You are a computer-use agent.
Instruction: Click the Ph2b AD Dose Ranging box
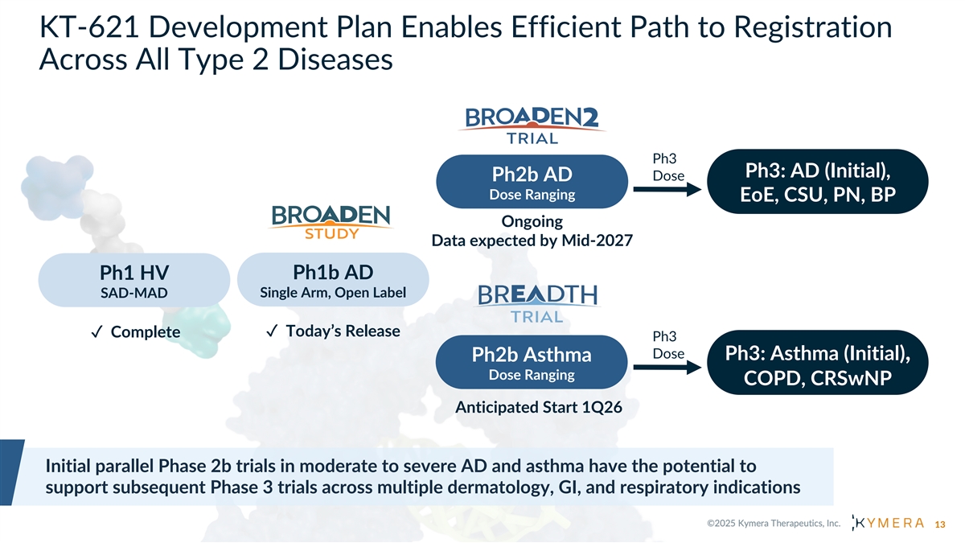coord(532,183)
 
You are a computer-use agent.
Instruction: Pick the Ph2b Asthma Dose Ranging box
coord(532,364)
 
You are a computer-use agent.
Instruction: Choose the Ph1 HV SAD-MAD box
coord(133,280)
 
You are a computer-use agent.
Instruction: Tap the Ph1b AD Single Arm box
coord(333,278)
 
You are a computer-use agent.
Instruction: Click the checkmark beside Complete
coord(95,332)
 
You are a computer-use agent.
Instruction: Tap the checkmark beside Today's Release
coord(272,331)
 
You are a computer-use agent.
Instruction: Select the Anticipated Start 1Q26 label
coord(538,407)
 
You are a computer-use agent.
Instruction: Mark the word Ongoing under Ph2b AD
coord(532,221)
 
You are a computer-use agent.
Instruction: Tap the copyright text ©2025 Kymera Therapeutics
coord(774,524)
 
